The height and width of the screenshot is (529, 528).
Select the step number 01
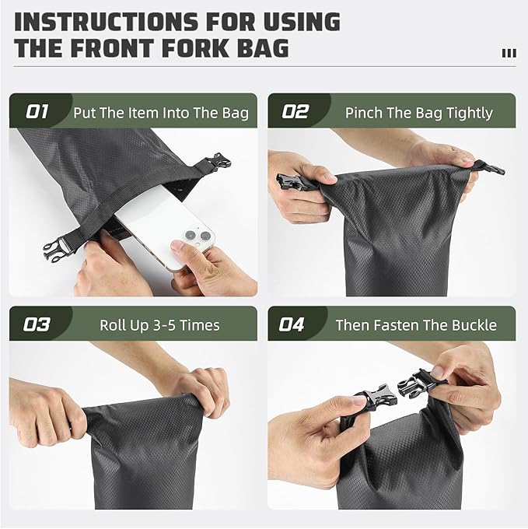coord(37,111)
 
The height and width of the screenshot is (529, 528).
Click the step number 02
coord(295,111)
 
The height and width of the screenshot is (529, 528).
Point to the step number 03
coord(37,324)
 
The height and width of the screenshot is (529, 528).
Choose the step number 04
coord(292,324)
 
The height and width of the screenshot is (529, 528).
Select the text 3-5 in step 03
coord(164,325)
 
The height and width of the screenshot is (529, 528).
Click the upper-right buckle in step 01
coord(218,162)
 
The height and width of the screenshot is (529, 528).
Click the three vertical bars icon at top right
coord(509,54)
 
